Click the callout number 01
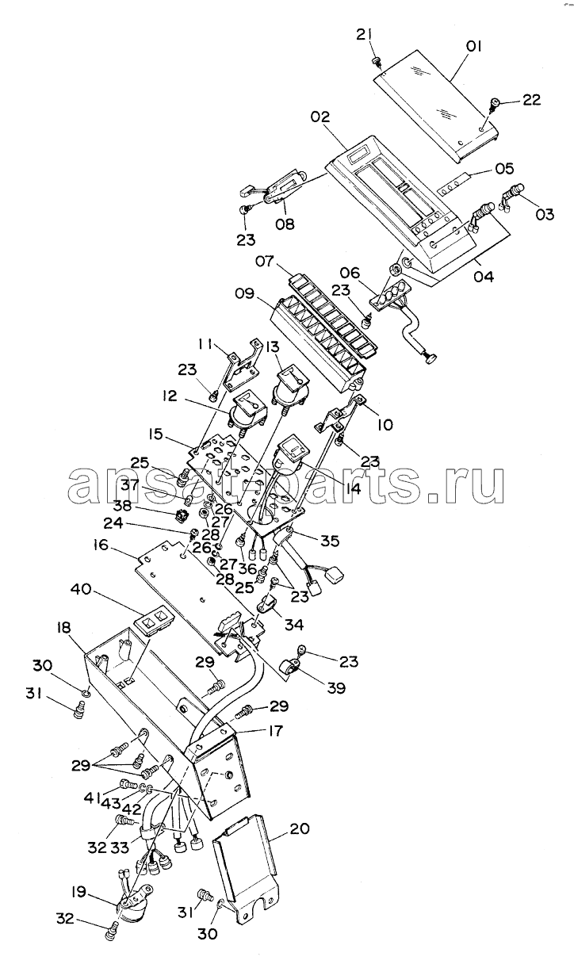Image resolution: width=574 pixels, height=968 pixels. [x=473, y=47]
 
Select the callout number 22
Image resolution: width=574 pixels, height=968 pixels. [x=532, y=100]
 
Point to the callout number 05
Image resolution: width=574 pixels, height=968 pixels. [x=504, y=169]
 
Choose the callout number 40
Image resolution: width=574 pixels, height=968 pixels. [x=80, y=589]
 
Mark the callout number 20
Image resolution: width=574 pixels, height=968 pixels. [x=300, y=828]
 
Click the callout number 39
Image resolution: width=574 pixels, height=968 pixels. [x=336, y=688]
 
